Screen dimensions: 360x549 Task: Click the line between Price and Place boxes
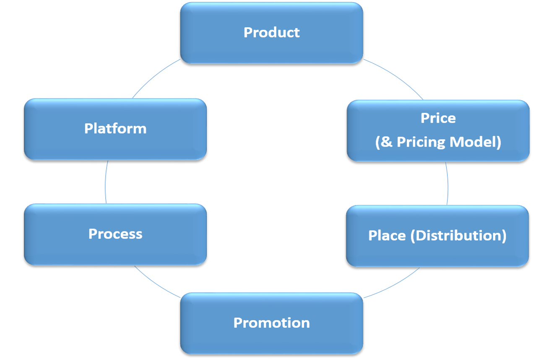click(x=448, y=183)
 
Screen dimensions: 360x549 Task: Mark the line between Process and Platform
click(x=106, y=182)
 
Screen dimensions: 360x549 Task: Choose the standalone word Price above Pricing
click(x=438, y=118)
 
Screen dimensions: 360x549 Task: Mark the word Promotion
click(x=271, y=323)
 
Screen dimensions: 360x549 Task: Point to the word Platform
click(x=115, y=128)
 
